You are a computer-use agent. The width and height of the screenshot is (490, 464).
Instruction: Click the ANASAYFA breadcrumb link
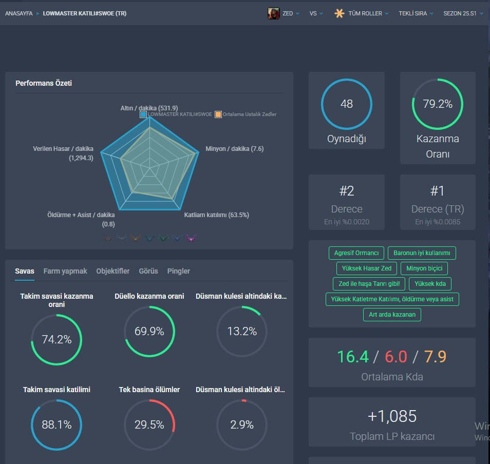(19, 13)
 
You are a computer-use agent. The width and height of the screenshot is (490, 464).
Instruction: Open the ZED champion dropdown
(284, 13)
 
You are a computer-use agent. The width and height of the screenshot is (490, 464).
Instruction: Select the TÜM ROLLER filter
(361, 13)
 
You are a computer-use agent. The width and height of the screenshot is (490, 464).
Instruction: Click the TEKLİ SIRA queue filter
(416, 13)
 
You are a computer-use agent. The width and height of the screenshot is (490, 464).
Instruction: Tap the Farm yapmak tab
(65, 271)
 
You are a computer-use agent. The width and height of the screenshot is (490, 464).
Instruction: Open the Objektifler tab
(113, 271)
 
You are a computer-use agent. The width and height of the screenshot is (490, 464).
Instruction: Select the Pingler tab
(178, 271)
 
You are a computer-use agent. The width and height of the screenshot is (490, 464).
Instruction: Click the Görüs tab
(148, 271)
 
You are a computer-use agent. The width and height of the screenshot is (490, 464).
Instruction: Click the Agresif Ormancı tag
(356, 253)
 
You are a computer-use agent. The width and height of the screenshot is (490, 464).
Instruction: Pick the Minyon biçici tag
(424, 268)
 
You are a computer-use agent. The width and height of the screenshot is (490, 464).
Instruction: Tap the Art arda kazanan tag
(392, 315)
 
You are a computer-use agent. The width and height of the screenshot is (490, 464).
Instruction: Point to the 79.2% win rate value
(438, 104)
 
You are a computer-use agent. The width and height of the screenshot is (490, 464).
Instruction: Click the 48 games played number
(347, 104)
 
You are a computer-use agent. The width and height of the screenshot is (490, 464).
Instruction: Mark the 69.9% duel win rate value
(149, 331)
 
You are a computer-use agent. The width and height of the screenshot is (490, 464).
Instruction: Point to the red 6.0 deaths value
(396, 357)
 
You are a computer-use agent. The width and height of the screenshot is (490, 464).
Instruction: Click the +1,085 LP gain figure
(392, 416)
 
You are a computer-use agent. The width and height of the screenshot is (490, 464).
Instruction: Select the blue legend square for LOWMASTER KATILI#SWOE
(143, 114)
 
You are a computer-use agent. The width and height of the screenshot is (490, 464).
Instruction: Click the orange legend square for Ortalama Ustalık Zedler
(218, 114)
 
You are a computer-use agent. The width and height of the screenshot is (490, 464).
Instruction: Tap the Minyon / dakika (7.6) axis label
(234, 149)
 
